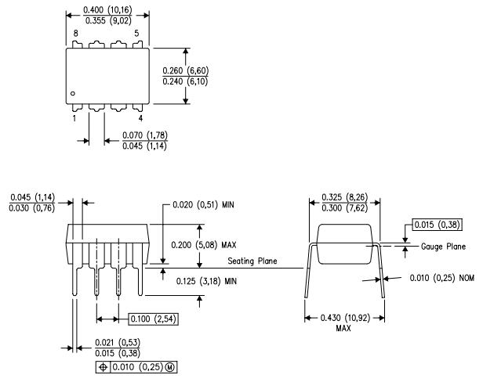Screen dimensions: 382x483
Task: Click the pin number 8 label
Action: tap(76, 34)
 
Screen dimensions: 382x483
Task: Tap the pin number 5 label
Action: tap(136, 34)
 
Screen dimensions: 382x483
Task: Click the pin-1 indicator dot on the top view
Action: tap(72, 93)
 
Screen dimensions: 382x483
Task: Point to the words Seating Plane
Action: tap(252, 261)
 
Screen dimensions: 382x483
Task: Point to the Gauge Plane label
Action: tap(444, 247)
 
